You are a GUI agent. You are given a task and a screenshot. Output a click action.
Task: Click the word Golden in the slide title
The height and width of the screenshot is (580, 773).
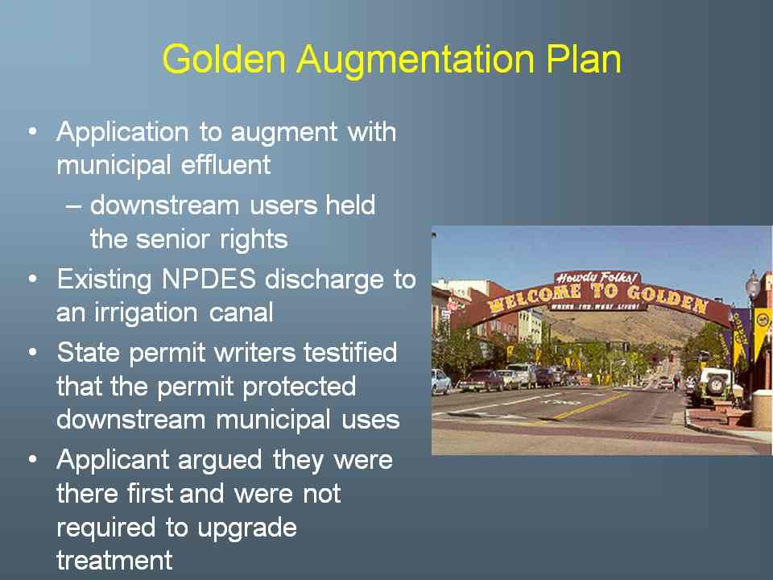pyautogui.click(x=225, y=59)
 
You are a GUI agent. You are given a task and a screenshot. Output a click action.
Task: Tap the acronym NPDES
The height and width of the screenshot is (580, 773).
pyautogui.click(x=209, y=280)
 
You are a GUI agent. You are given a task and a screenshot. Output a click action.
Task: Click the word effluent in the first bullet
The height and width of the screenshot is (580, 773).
pyautogui.click(x=225, y=164)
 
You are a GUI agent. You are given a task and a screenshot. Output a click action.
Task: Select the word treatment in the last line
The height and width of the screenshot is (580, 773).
pyautogui.click(x=115, y=561)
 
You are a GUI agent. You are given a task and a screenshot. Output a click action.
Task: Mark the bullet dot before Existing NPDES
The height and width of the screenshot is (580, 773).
pyautogui.click(x=32, y=280)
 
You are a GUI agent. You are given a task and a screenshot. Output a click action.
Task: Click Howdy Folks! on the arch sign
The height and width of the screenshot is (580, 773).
pyautogui.click(x=597, y=278)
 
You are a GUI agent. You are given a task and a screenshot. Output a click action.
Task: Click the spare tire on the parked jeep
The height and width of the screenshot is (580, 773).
pyautogui.click(x=716, y=383)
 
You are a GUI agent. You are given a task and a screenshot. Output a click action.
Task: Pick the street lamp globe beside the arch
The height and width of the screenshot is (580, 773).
pyautogui.click(x=752, y=284)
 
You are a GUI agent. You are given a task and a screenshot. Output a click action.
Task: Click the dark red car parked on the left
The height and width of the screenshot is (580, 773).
pyautogui.click(x=482, y=380)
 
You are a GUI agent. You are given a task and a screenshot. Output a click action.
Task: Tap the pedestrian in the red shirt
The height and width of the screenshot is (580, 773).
pyautogui.click(x=677, y=381)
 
